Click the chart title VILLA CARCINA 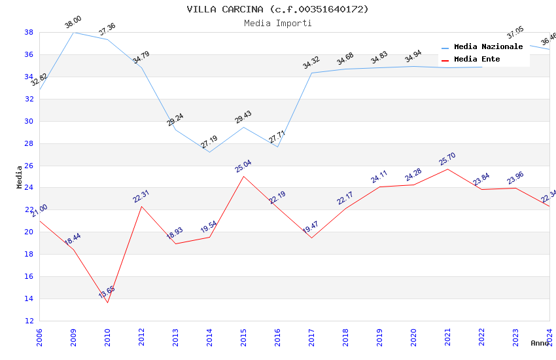point(277,9)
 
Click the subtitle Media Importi point(277,23)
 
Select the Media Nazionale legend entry point(488,47)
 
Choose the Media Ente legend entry point(477,60)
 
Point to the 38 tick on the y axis point(29,32)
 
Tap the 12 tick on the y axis point(29,321)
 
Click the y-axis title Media point(20,177)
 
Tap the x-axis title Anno point(540,343)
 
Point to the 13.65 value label point(107,291)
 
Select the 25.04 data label point(243,166)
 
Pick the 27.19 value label point(209,142)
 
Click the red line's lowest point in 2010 point(107,302)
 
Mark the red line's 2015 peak point(243,176)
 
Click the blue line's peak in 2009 point(73,32)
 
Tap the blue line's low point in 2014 point(209,153)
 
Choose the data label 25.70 point(447,159)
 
